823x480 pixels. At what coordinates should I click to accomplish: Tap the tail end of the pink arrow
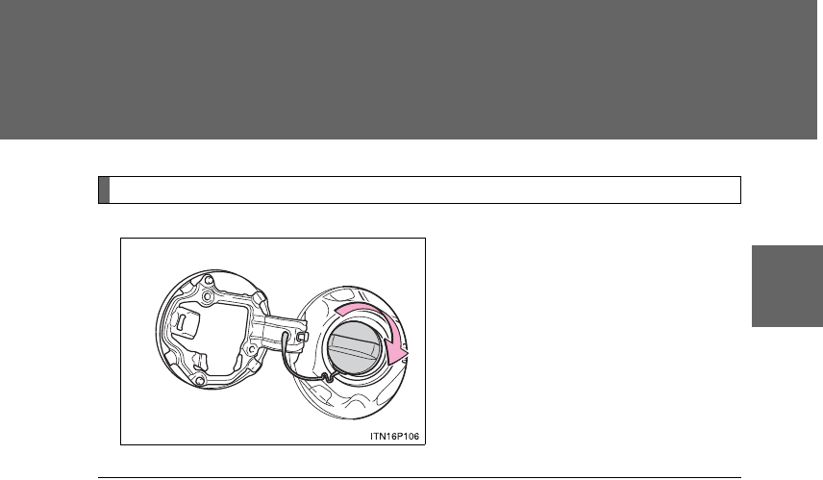(339, 311)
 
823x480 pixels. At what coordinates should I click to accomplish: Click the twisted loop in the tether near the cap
(327, 376)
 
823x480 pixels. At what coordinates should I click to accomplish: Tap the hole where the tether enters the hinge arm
(287, 334)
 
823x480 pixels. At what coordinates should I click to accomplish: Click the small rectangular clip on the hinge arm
(302, 336)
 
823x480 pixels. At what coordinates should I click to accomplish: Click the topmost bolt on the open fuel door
(209, 279)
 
